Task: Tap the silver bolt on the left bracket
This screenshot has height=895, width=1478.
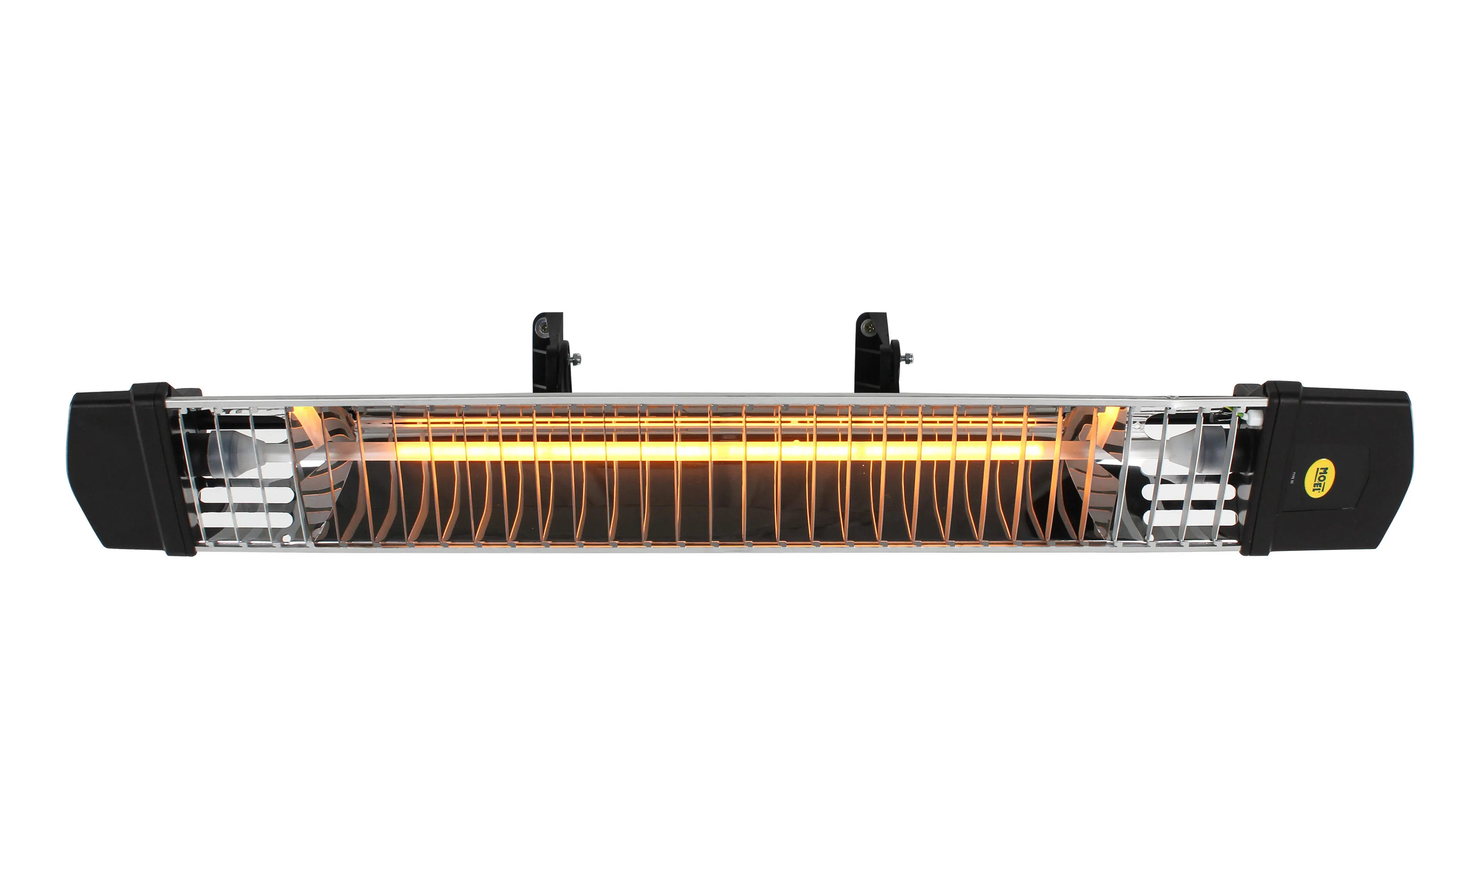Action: click(x=576, y=359)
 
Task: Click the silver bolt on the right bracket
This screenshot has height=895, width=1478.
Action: click(x=909, y=358)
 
